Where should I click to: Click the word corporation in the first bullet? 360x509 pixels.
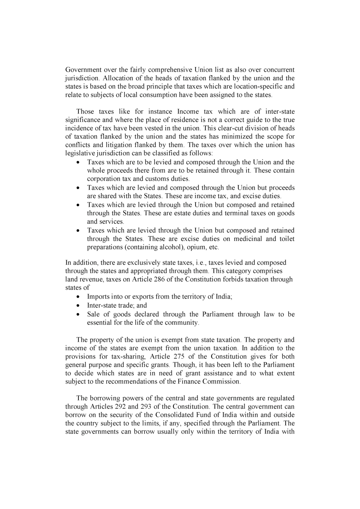coord(104,178)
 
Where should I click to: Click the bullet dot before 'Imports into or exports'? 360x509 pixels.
coord(79,297)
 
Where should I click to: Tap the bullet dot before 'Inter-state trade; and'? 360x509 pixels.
coord(79,305)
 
